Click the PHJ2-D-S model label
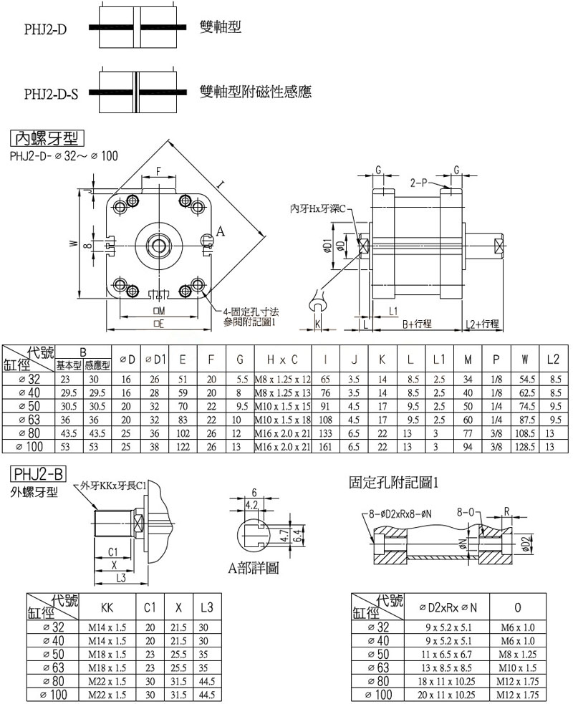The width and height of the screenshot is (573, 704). point(51,94)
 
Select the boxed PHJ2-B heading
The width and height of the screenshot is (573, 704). point(38,474)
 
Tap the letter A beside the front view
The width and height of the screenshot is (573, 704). point(221,232)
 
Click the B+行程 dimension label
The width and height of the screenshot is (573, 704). point(417,324)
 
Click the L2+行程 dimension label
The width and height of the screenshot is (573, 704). point(481,324)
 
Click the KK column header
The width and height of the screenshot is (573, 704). point(107,607)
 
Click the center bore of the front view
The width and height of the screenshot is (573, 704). point(159,244)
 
